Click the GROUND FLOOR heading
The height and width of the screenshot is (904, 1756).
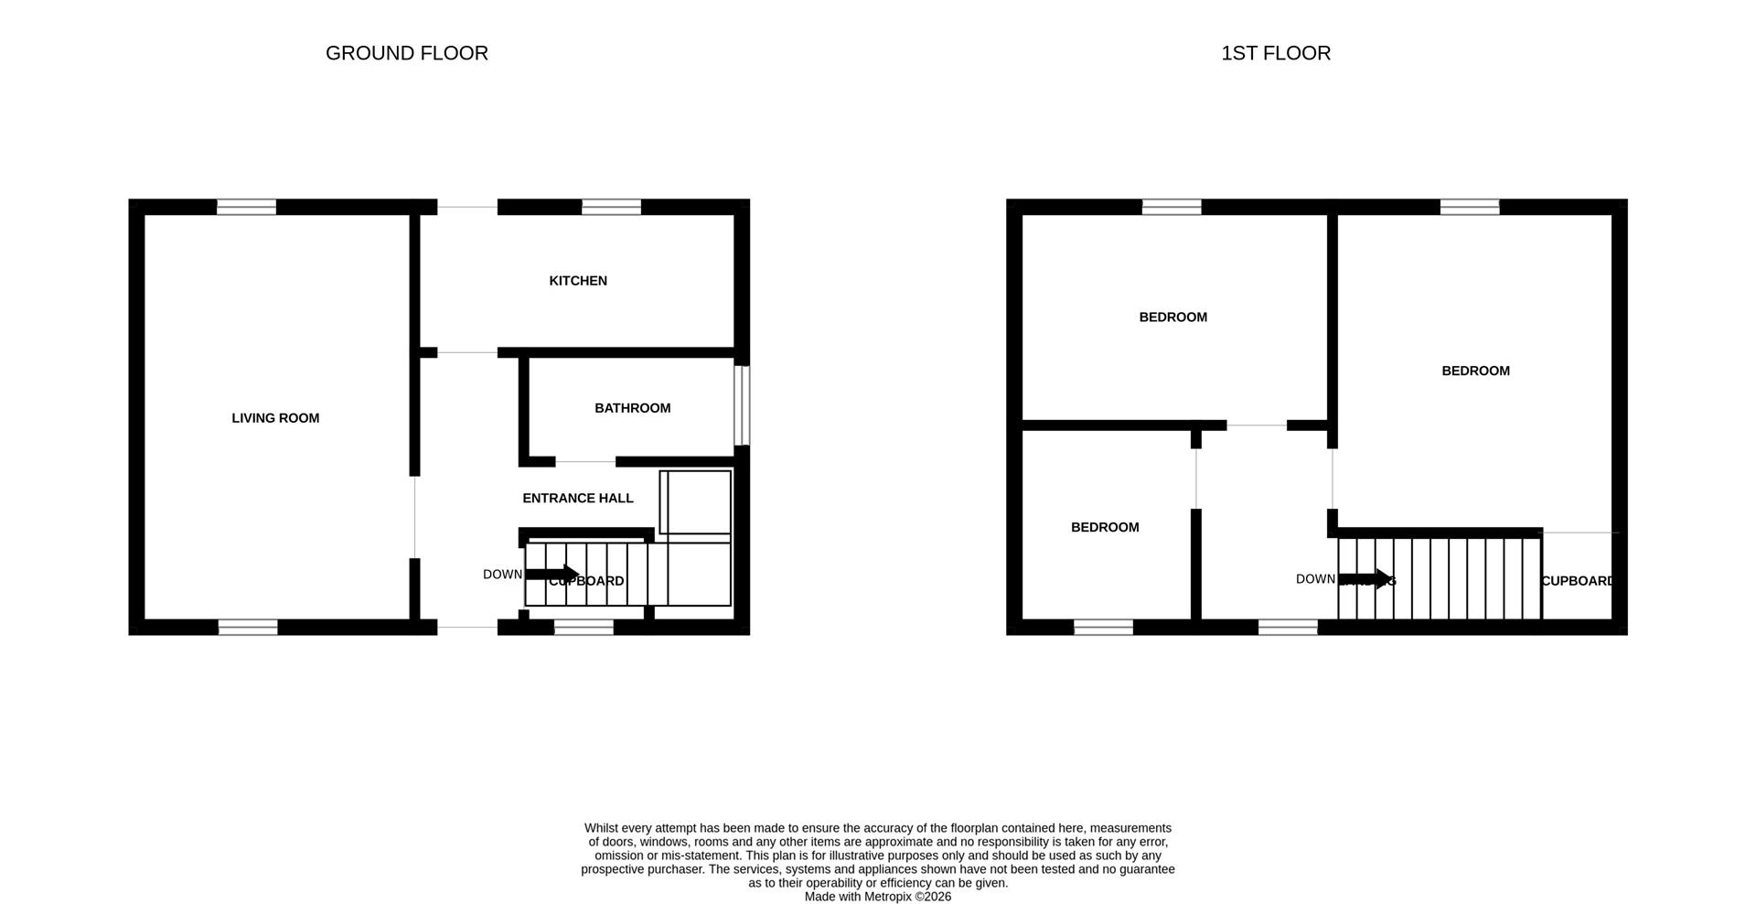[406, 53]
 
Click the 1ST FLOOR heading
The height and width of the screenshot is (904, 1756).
[1275, 53]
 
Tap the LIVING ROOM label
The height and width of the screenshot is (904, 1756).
[275, 418]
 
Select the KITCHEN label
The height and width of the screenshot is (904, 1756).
[577, 281]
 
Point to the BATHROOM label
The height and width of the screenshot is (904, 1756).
[632, 408]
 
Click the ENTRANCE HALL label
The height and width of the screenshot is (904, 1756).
[577, 498]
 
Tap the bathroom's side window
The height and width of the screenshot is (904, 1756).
[743, 405]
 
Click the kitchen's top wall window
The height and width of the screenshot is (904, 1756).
[611, 207]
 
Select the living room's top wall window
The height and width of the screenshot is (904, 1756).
[246, 207]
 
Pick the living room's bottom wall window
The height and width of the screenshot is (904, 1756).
[247, 627]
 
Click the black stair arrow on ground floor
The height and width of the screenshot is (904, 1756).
[553, 575]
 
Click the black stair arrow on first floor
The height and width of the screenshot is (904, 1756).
[1366, 578]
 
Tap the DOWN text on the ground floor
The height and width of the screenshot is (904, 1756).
[502, 575]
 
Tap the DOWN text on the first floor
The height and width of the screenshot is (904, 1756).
[1315, 579]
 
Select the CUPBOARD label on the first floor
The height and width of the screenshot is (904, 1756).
[1577, 581]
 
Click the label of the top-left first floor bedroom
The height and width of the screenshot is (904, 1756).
[1172, 317]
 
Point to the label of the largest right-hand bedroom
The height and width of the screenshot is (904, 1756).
[1475, 371]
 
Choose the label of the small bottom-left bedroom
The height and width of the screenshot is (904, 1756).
[1105, 527]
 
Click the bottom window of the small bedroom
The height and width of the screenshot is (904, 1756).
[1103, 627]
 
